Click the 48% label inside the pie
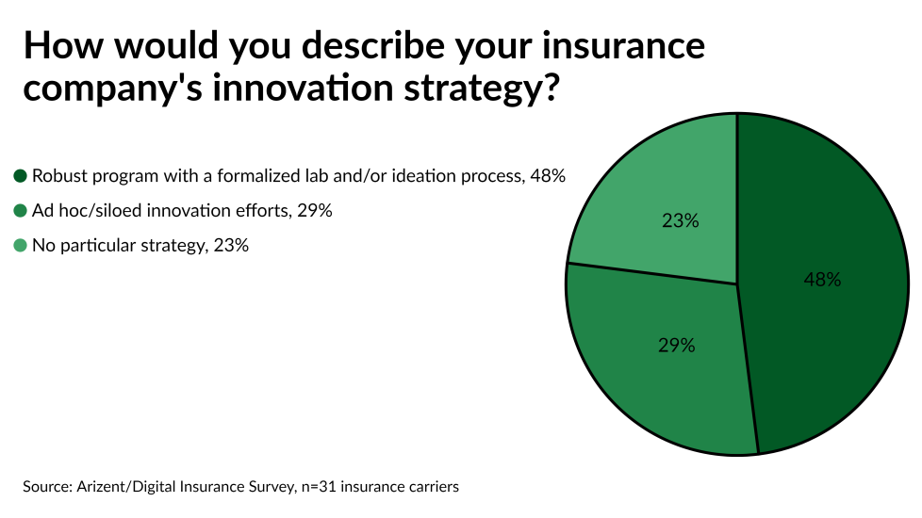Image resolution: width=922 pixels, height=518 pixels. (x=822, y=280)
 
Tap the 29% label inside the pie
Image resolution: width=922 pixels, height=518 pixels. (x=676, y=346)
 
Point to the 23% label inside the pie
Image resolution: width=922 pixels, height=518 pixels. (x=680, y=221)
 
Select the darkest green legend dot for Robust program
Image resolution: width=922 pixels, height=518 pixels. (x=21, y=176)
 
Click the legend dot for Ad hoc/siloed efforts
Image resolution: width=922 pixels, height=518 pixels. (x=21, y=211)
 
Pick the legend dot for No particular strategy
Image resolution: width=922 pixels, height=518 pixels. (x=21, y=246)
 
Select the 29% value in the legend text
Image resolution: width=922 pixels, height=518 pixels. (x=314, y=211)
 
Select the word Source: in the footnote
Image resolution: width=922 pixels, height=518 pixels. (x=48, y=487)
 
